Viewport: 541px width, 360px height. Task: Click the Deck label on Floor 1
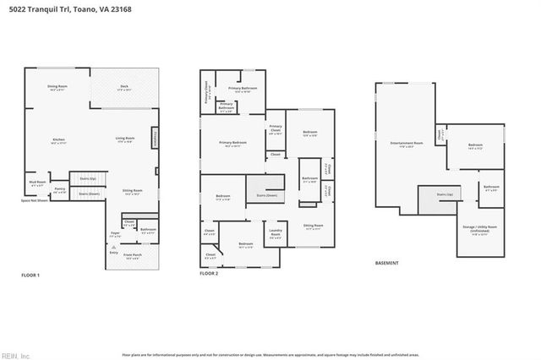pos(123,87)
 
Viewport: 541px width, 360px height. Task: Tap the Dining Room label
pos(57,87)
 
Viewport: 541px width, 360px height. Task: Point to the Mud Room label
pos(37,183)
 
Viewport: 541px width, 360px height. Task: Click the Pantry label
pos(60,191)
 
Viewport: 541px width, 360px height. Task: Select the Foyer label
pos(116,234)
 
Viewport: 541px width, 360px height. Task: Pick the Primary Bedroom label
pos(232,143)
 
